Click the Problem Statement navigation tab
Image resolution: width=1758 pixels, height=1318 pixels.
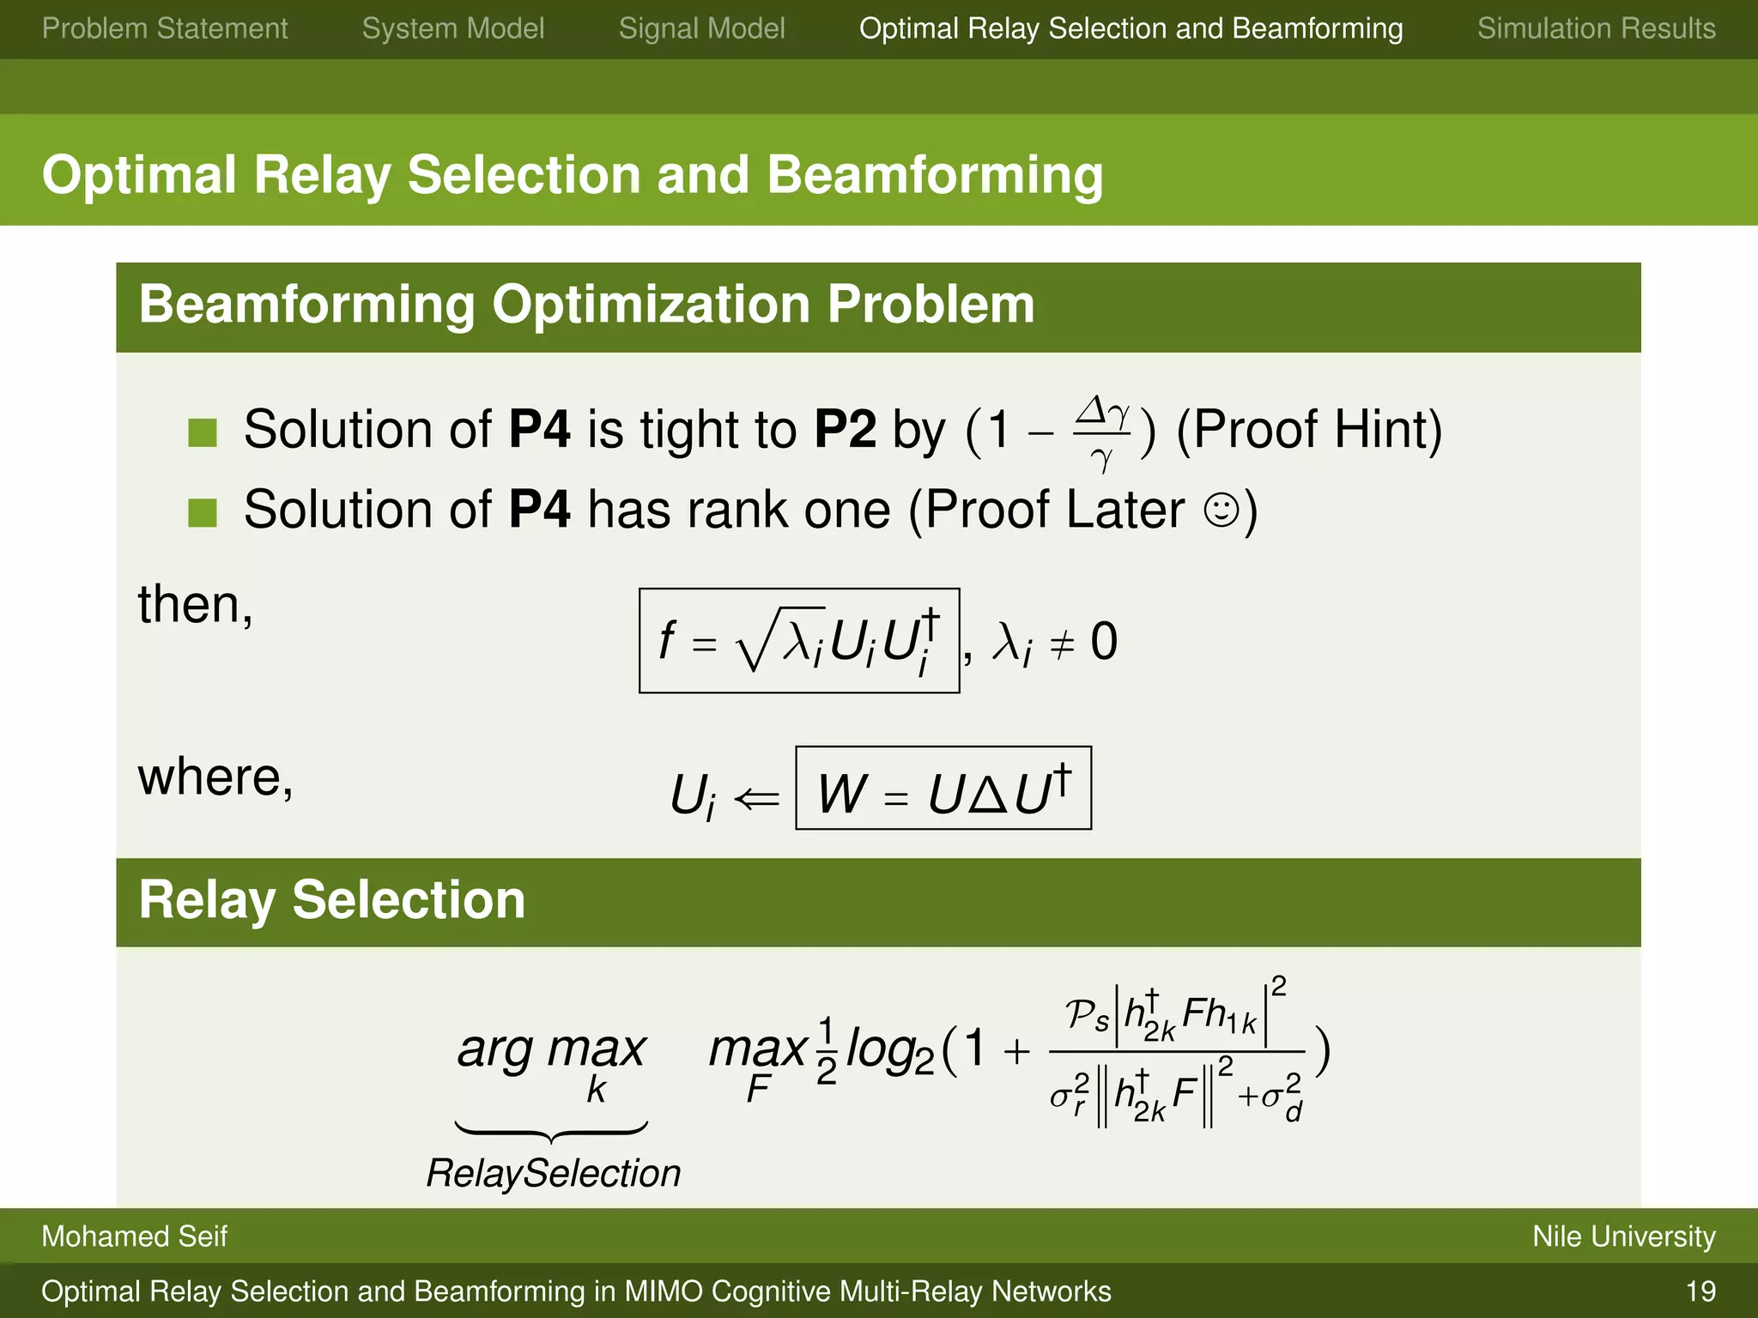(165, 28)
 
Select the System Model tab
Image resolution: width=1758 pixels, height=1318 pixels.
(452, 28)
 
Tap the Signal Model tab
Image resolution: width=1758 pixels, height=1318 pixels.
(701, 28)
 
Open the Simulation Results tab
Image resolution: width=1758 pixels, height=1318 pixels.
(1596, 28)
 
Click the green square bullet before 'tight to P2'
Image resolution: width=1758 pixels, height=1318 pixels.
(203, 432)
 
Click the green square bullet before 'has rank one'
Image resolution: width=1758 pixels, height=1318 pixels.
(203, 512)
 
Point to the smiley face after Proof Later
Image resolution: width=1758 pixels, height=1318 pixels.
(1221, 510)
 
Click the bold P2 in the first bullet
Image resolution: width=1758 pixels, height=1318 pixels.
(845, 429)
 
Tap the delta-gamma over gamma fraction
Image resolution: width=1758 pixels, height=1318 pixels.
(1102, 433)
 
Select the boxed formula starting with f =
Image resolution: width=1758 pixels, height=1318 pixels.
(798, 640)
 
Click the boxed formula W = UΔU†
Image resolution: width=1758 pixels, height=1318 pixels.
(943, 789)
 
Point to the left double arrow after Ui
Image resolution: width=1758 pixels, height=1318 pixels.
(757, 799)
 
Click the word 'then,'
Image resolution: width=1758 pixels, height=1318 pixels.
(196, 605)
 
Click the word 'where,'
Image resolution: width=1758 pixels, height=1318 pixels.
(215, 777)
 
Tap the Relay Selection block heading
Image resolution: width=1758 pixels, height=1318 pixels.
(332, 900)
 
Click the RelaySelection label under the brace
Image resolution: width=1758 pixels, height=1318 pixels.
(553, 1173)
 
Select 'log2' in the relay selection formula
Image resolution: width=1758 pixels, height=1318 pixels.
(889, 1050)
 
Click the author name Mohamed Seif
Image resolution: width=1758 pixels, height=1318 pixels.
(134, 1236)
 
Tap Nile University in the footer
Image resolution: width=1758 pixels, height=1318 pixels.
(1623, 1236)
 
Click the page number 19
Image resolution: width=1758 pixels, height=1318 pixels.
(1700, 1291)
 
